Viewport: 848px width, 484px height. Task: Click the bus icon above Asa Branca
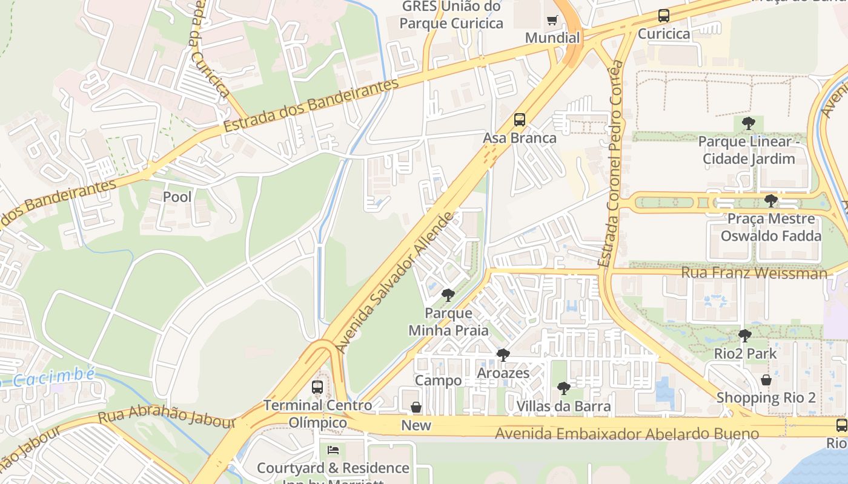click(x=520, y=120)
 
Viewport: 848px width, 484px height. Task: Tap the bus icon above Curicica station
click(x=664, y=16)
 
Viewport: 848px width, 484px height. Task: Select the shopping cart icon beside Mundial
click(x=552, y=21)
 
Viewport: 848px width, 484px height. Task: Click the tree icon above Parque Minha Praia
click(x=448, y=295)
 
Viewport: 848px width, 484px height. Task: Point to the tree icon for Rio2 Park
click(x=745, y=335)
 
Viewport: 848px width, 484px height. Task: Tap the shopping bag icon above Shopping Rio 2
click(x=766, y=380)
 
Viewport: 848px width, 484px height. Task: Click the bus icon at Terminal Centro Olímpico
click(x=317, y=387)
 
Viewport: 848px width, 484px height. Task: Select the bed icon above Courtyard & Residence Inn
click(x=333, y=450)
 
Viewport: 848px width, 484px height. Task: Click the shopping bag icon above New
click(x=416, y=407)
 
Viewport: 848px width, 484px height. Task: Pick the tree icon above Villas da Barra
click(x=564, y=388)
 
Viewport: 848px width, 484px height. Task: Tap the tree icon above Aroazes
click(x=503, y=355)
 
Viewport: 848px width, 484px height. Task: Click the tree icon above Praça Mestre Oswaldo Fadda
click(x=770, y=200)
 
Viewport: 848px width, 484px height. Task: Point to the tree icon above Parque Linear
click(x=749, y=123)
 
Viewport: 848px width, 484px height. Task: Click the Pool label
click(x=177, y=197)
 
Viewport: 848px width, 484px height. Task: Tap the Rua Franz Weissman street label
click(x=754, y=273)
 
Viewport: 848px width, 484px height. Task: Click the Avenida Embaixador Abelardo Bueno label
click(x=627, y=434)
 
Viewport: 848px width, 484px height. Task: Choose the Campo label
click(x=438, y=381)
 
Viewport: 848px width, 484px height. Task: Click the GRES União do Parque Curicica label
click(x=451, y=15)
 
